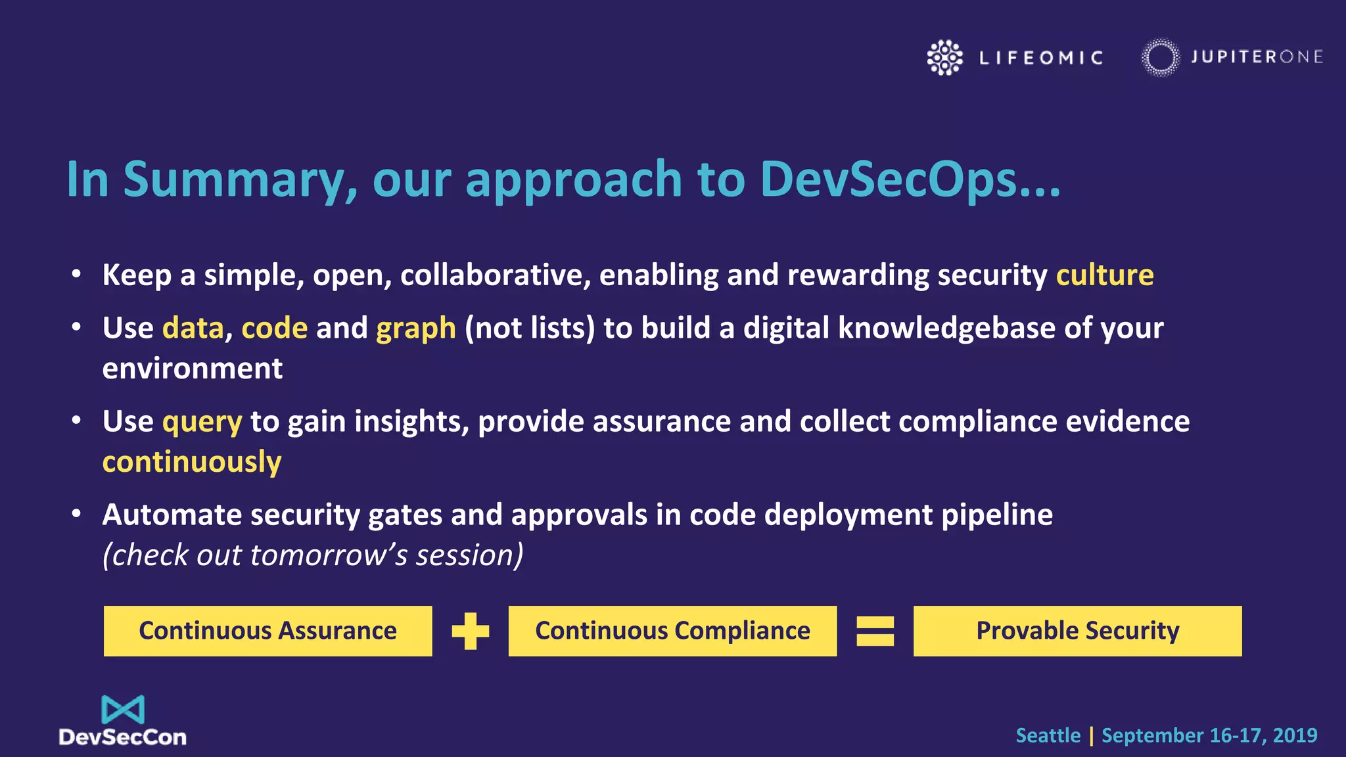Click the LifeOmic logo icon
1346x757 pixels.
tap(944, 58)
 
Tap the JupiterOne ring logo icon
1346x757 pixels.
tap(1160, 58)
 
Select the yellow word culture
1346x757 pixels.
tap(1104, 275)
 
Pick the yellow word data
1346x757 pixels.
tap(193, 328)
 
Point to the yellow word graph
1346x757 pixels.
tap(415, 328)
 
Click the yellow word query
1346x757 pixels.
tap(202, 421)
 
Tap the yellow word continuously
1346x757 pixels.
tap(192, 462)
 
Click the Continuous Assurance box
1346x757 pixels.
tap(267, 631)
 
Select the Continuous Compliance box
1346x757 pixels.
tap(672, 631)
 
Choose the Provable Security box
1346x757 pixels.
tap(1077, 631)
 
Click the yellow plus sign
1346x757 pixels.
tap(471, 631)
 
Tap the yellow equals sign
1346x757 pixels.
tap(875, 631)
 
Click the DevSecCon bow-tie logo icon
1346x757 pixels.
tap(123, 710)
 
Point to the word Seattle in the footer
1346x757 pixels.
tap(1048, 735)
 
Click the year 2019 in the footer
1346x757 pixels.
tap(1295, 735)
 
